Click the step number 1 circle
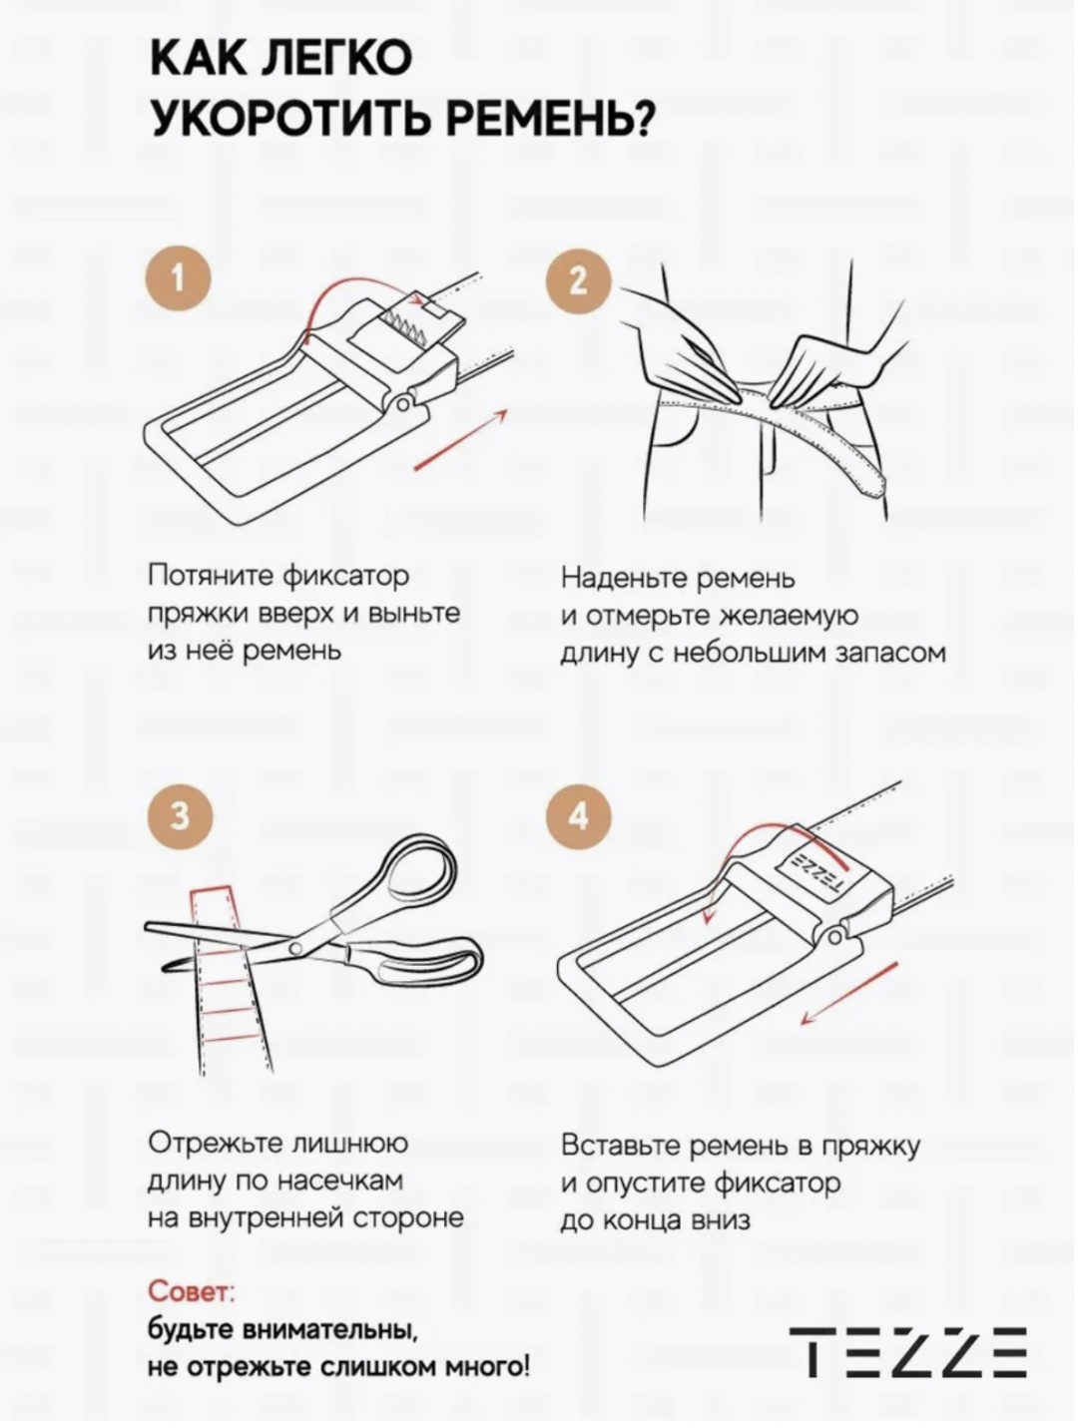click(178, 280)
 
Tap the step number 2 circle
click(578, 281)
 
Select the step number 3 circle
click(179, 816)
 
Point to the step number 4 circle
click(578, 815)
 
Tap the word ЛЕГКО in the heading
click(335, 59)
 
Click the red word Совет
click(190, 1291)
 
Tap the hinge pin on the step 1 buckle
click(402, 405)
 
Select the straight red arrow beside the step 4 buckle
click(849, 994)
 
